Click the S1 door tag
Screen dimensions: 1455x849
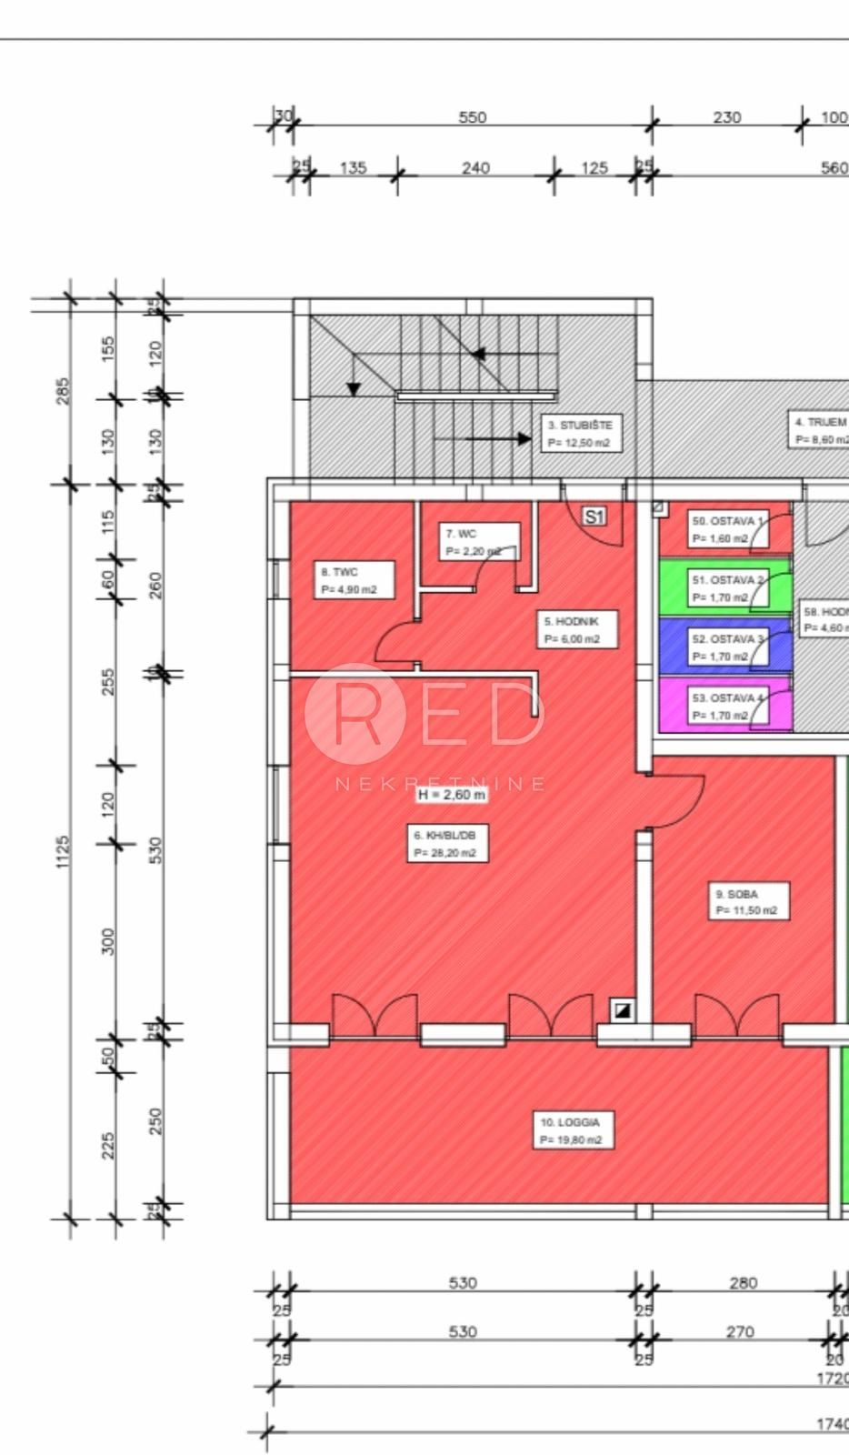tap(594, 517)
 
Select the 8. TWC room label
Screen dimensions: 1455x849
tap(355, 580)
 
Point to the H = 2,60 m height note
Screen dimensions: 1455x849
tap(452, 794)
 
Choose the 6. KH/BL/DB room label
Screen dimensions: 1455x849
tap(446, 843)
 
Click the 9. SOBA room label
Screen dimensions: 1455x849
tap(748, 901)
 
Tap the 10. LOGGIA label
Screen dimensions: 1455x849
tap(573, 1130)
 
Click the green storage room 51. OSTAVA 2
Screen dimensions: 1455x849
tap(724, 587)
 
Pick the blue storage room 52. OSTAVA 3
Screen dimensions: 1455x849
tap(724, 647)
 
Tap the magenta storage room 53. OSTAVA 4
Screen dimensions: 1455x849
tap(724, 706)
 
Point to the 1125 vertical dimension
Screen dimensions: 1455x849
tap(63, 852)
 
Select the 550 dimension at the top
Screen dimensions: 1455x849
tap(473, 117)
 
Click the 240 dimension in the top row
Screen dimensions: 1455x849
tap(475, 167)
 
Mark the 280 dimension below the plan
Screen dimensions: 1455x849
tap(743, 1283)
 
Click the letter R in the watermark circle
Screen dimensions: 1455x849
tap(356, 714)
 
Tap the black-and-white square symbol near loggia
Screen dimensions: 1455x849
tap(623, 1008)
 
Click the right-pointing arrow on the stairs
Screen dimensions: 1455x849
tap(524, 438)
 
